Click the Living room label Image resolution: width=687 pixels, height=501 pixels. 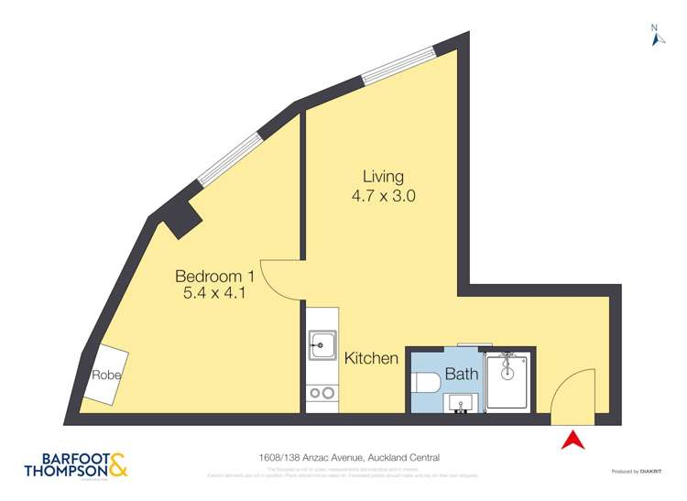[x=383, y=177]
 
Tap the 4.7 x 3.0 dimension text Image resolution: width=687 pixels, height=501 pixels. [x=383, y=195]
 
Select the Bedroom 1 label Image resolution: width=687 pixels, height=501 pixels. [x=214, y=277]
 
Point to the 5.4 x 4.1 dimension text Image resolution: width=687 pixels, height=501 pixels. [x=214, y=294]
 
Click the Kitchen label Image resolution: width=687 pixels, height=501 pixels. [x=371, y=358]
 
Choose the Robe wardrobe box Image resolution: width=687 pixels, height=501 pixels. [x=106, y=376]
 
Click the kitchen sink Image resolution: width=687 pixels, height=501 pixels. [x=322, y=346]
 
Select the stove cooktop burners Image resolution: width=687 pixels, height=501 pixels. [x=322, y=393]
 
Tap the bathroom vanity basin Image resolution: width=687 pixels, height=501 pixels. [x=461, y=402]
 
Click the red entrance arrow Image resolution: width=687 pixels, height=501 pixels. [x=572, y=440]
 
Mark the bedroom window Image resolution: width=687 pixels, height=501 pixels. [x=232, y=158]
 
